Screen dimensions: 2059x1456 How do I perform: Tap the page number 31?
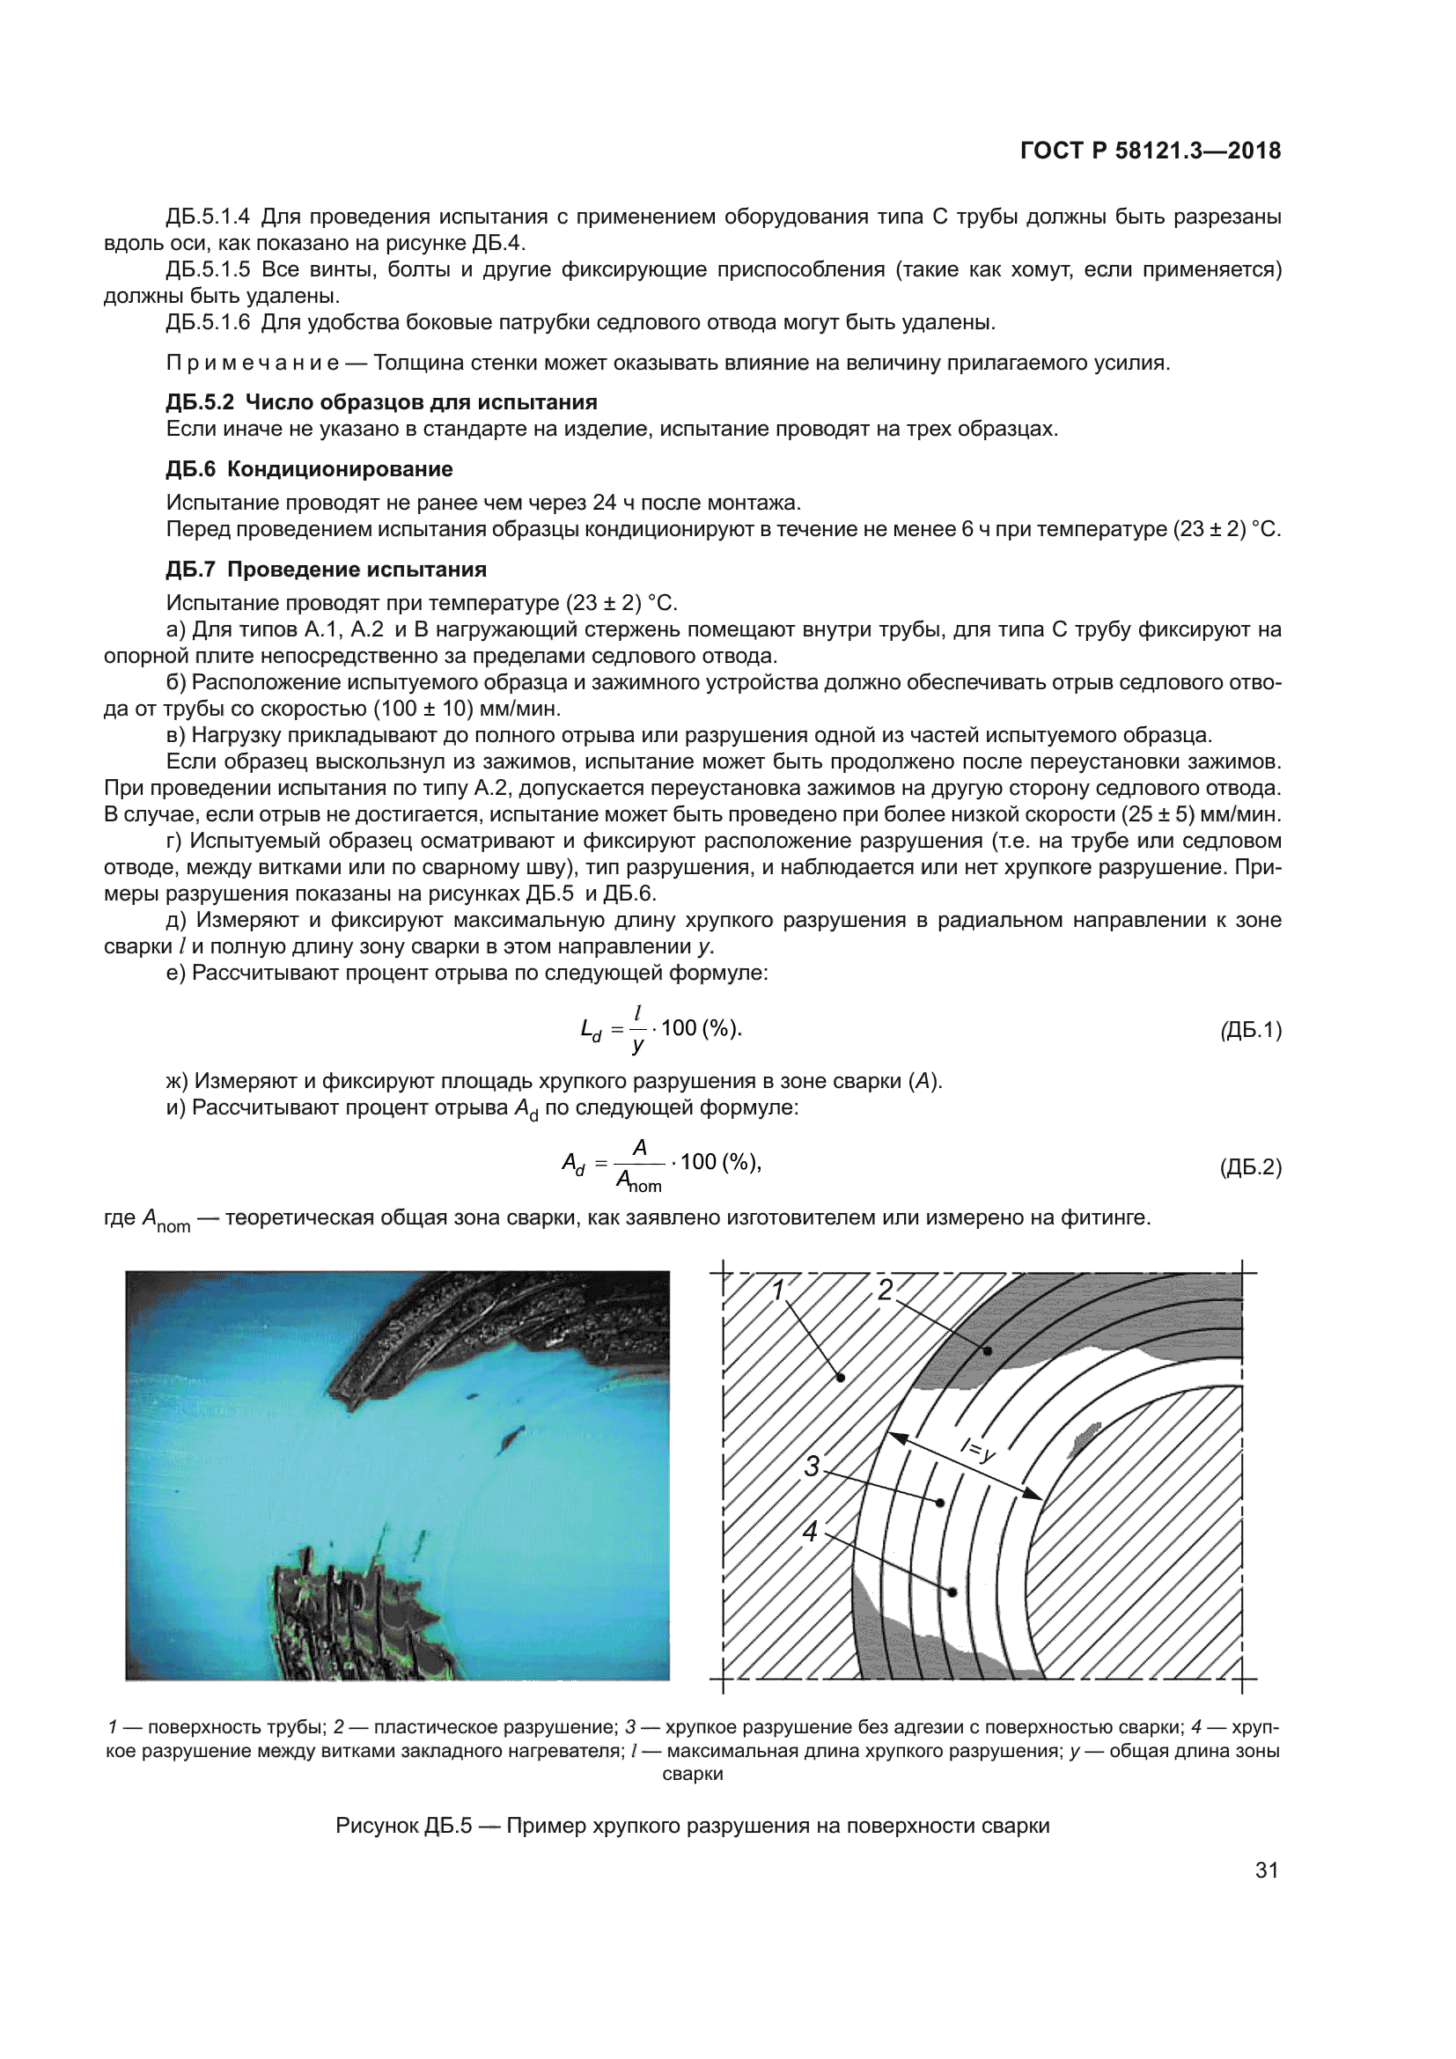click(x=1266, y=1870)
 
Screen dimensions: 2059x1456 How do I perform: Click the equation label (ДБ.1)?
click(x=1251, y=1030)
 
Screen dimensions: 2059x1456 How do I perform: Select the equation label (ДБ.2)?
click(x=1251, y=1166)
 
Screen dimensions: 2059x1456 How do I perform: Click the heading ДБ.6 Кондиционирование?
click(x=309, y=469)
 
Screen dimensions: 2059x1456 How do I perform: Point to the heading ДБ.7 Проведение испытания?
click(x=327, y=570)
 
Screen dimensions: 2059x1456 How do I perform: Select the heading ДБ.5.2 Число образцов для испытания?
click(x=381, y=401)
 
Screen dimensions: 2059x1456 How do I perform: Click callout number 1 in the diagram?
click(x=778, y=1290)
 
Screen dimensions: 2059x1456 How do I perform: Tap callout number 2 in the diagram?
click(x=885, y=1290)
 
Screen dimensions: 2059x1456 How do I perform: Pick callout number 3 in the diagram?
click(x=812, y=1467)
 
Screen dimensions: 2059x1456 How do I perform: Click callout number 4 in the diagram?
click(x=811, y=1532)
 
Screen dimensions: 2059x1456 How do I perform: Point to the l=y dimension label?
click(x=977, y=1449)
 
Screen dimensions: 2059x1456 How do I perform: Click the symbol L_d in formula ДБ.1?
click(x=591, y=1031)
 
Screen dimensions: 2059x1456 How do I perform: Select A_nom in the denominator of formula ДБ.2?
click(x=638, y=1181)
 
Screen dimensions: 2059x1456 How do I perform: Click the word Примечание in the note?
click(x=253, y=364)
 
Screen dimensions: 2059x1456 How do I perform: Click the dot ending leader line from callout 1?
click(x=840, y=1378)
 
